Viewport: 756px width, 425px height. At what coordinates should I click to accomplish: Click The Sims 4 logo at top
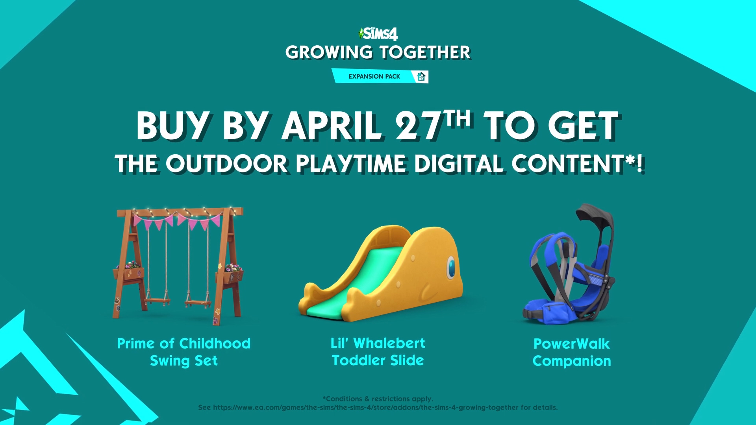pyautogui.click(x=378, y=34)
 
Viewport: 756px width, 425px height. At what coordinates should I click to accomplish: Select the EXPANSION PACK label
pyautogui.click(x=374, y=76)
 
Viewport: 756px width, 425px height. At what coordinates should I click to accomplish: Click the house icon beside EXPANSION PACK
pyautogui.click(x=421, y=76)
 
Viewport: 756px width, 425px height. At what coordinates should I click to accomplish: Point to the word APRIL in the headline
pyautogui.click(x=332, y=126)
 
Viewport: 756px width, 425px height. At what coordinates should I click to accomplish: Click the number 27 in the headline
pyautogui.click(x=418, y=126)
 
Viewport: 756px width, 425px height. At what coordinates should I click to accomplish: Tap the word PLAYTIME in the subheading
pyautogui.click(x=351, y=164)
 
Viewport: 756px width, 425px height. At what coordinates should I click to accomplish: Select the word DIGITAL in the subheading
pyautogui.click(x=459, y=164)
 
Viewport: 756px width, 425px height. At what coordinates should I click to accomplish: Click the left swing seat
pyautogui.click(x=157, y=301)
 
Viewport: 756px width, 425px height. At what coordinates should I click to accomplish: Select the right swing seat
pyautogui.click(x=198, y=303)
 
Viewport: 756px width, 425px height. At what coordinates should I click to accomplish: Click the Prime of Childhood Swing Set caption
pyautogui.click(x=184, y=352)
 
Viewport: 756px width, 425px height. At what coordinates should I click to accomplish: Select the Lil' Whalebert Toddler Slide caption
pyautogui.click(x=378, y=352)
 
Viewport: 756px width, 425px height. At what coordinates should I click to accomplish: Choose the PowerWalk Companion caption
pyautogui.click(x=572, y=353)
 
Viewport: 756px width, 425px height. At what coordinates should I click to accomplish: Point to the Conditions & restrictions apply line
pyautogui.click(x=378, y=399)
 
